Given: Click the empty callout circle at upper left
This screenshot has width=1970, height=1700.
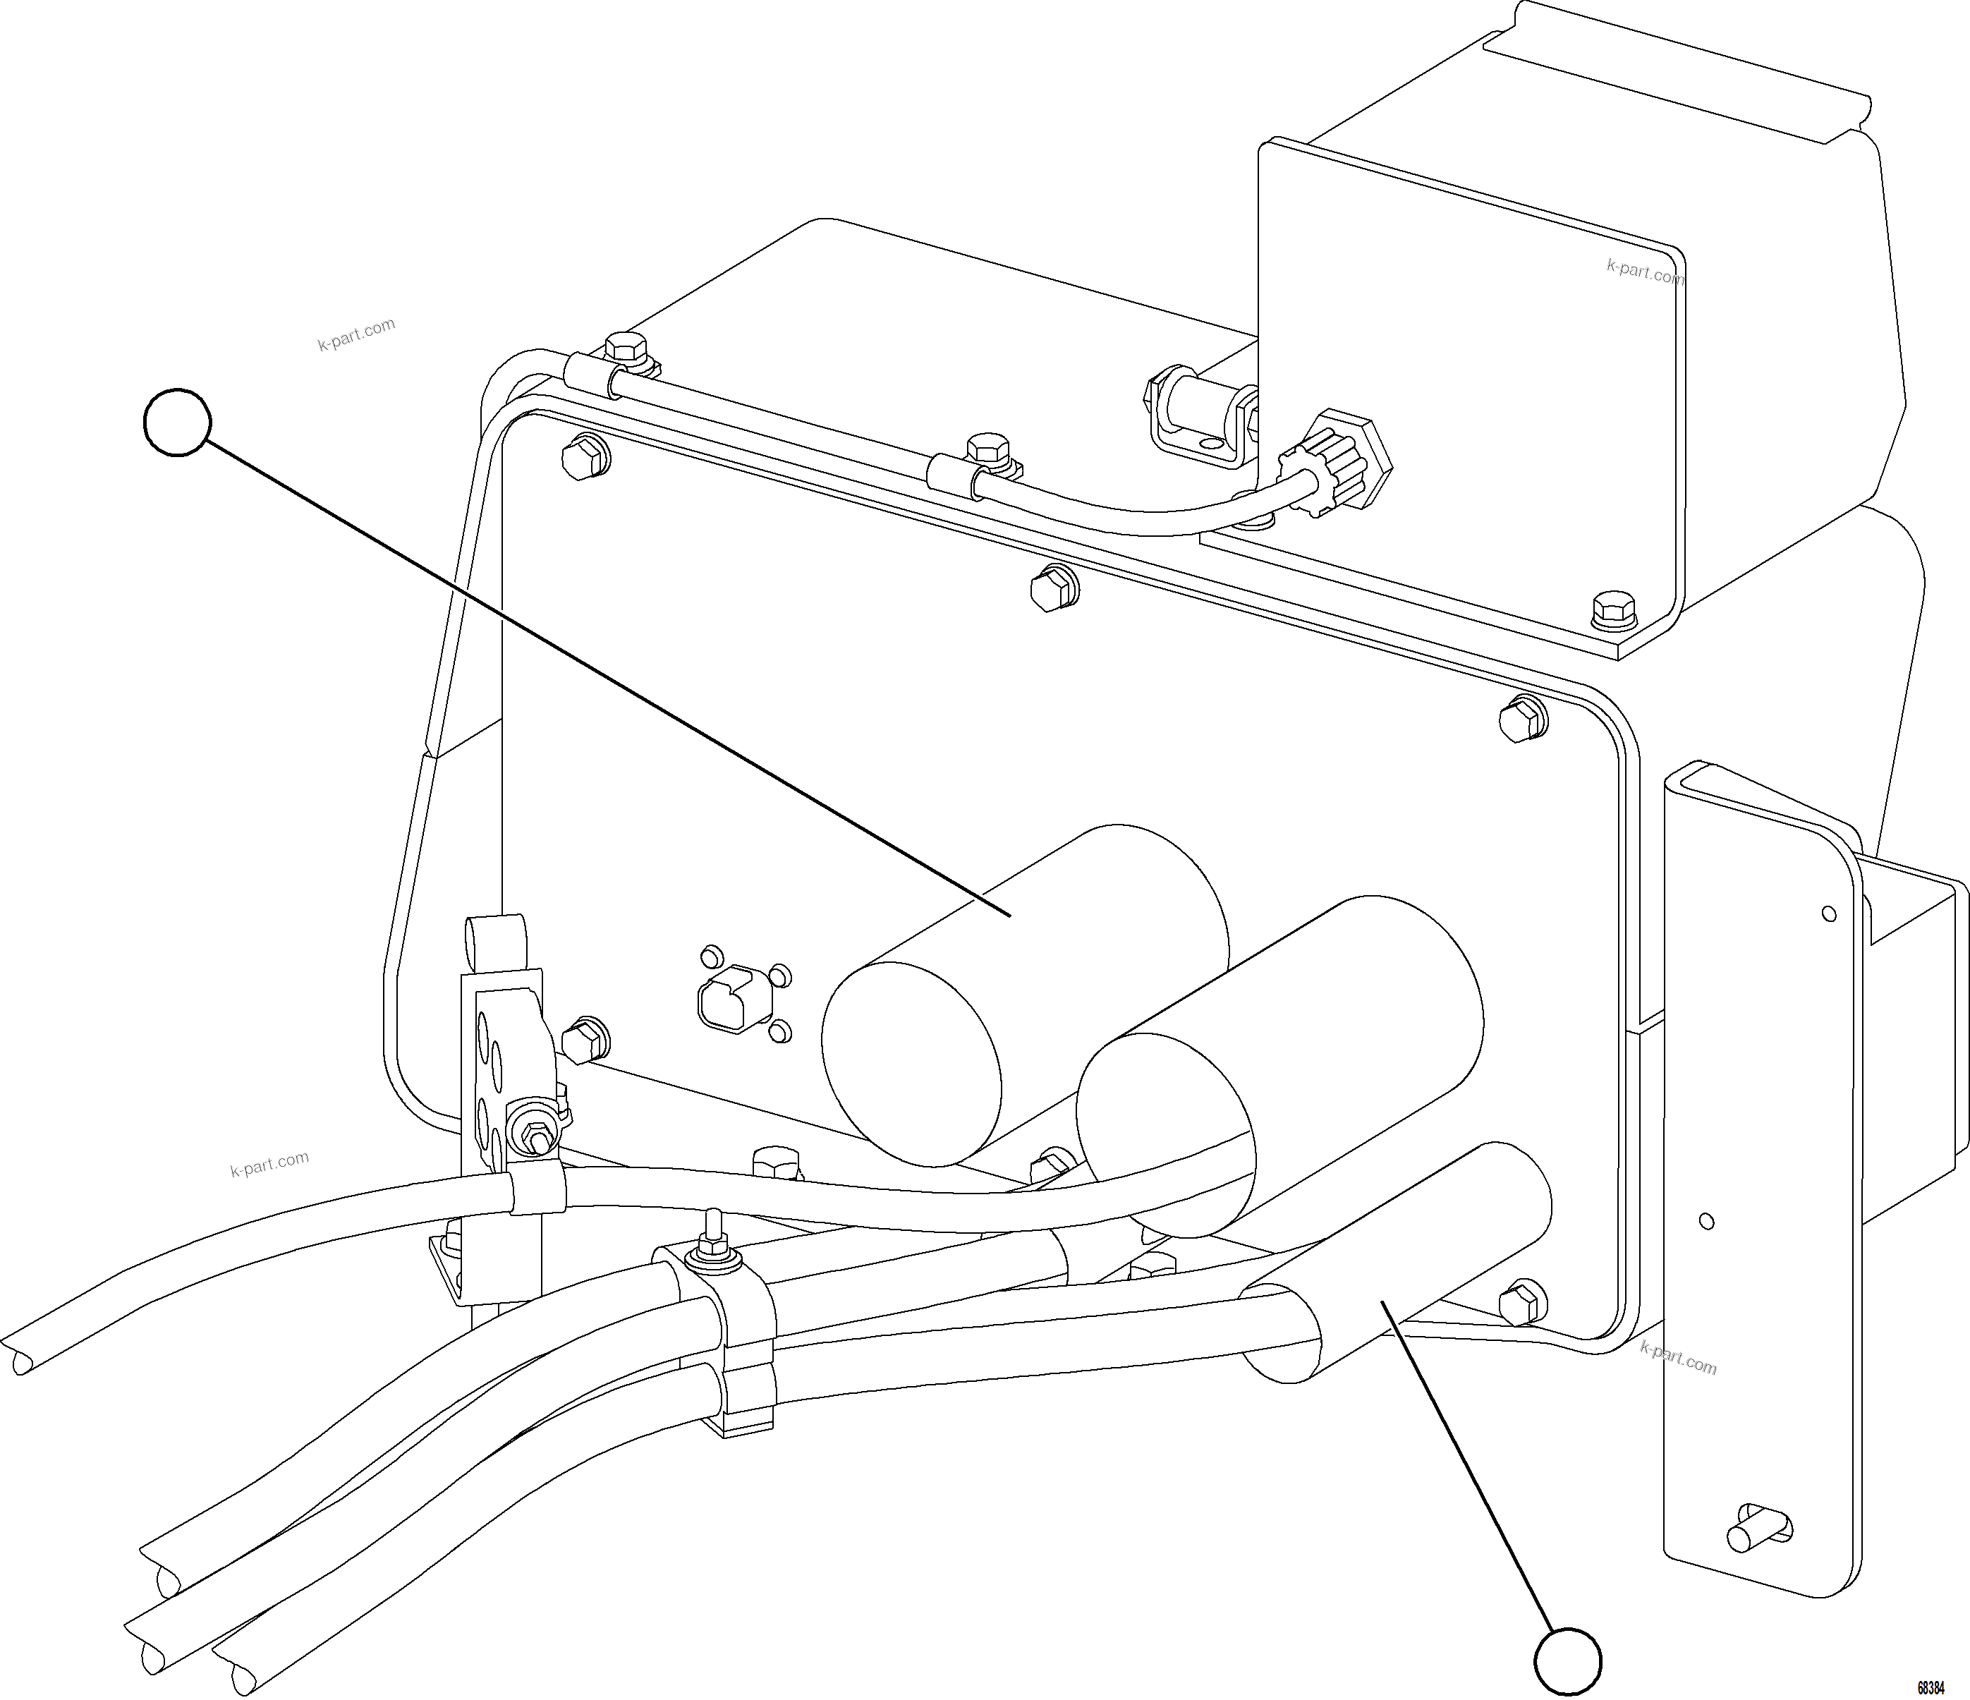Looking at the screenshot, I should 178,422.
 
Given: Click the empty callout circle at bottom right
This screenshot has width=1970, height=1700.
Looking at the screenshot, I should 1568,1661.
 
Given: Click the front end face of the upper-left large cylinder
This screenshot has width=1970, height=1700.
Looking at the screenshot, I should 910,1065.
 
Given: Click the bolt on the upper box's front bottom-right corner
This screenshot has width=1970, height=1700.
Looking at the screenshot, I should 1612,609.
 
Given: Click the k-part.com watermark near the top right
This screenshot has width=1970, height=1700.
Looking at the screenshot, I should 1644,272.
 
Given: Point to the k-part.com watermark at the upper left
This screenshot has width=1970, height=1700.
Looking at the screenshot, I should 356,334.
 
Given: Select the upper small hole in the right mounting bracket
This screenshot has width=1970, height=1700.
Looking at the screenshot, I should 1828,915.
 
